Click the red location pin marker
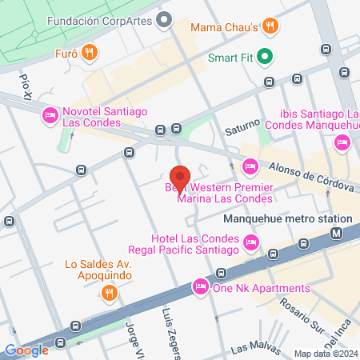(180, 178)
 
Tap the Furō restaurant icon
(90, 54)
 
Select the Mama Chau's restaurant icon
(271, 26)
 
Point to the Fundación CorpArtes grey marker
(166, 18)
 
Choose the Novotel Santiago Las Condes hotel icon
(49, 116)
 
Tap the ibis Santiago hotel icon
(342, 142)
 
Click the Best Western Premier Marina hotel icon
(250, 166)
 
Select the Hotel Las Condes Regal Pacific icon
(252, 242)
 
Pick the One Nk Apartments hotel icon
(200, 287)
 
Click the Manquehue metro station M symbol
(336, 234)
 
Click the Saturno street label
(242, 127)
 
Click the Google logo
(26, 350)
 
